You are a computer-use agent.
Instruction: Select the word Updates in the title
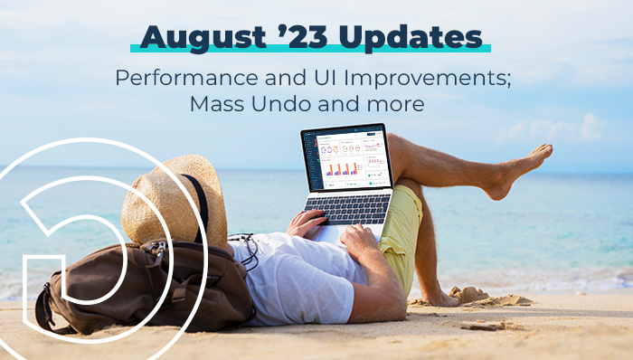point(406,38)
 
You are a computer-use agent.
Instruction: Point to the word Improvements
point(429,78)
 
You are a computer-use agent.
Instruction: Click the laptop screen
point(345,159)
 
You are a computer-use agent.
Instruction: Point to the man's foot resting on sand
point(443,298)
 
